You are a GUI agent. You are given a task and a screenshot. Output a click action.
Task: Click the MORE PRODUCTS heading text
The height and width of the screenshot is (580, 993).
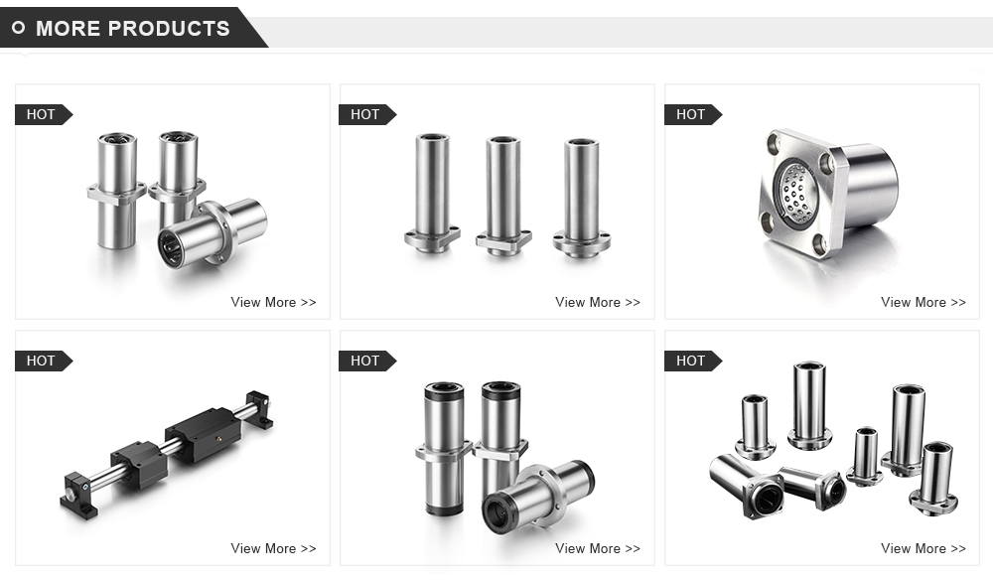click(x=132, y=28)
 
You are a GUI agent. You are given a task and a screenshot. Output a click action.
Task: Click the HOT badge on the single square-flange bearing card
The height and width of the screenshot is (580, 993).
click(x=690, y=114)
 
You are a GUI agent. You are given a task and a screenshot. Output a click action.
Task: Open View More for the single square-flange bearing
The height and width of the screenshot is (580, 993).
click(x=922, y=302)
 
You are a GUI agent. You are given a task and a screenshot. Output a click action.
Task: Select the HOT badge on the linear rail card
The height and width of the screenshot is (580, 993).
click(x=41, y=361)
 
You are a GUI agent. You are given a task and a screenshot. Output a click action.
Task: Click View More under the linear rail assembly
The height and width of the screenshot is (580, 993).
click(x=273, y=548)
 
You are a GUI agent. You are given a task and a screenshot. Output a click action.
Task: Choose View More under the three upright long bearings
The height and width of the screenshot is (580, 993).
click(x=598, y=302)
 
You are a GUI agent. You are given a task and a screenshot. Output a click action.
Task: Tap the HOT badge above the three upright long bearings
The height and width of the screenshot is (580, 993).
click(x=365, y=114)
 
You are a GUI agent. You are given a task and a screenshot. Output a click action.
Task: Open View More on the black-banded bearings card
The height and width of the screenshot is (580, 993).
click(x=598, y=548)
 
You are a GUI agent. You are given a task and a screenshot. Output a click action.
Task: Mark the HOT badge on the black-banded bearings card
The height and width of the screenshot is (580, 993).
click(x=365, y=361)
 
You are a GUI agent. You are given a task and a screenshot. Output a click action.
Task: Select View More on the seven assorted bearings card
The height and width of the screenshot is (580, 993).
click(x=922, y=548)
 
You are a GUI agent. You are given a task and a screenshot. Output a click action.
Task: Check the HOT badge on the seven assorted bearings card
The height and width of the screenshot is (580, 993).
click(x=690, y=361)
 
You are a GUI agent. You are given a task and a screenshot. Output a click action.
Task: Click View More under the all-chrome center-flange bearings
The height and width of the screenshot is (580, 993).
click(x=273, y=302)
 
